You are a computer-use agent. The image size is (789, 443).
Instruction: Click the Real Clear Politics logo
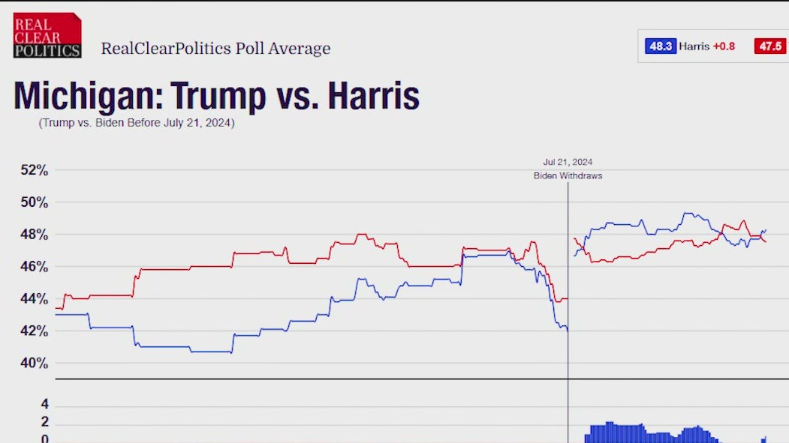point(47,34)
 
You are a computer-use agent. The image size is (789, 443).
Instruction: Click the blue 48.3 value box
point(660,46)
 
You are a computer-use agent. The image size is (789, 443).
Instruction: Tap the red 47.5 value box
point(771,46)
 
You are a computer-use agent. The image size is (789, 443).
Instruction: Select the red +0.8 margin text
point(724,46)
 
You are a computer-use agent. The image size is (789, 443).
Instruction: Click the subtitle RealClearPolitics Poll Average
point(215,49)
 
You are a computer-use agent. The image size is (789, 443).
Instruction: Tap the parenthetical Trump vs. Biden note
point(137,123)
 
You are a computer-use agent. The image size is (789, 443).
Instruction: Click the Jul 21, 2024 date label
point(568,162)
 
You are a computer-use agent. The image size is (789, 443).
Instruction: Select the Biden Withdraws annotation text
point(568,175)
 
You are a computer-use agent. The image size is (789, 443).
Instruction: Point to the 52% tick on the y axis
point(34,170)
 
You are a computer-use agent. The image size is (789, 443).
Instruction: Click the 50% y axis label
point(34,202)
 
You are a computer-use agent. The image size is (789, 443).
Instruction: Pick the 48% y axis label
point(34,235)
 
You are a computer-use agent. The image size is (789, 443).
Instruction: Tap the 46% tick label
point(34,267)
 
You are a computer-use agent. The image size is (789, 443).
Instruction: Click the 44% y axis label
point(34,299)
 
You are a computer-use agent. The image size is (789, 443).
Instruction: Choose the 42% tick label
point(34,331)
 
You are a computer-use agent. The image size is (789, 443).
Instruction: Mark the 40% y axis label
point(34,364)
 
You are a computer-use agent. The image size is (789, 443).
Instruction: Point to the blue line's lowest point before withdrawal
point(567,331)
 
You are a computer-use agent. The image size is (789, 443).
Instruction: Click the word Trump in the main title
point(218,97)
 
